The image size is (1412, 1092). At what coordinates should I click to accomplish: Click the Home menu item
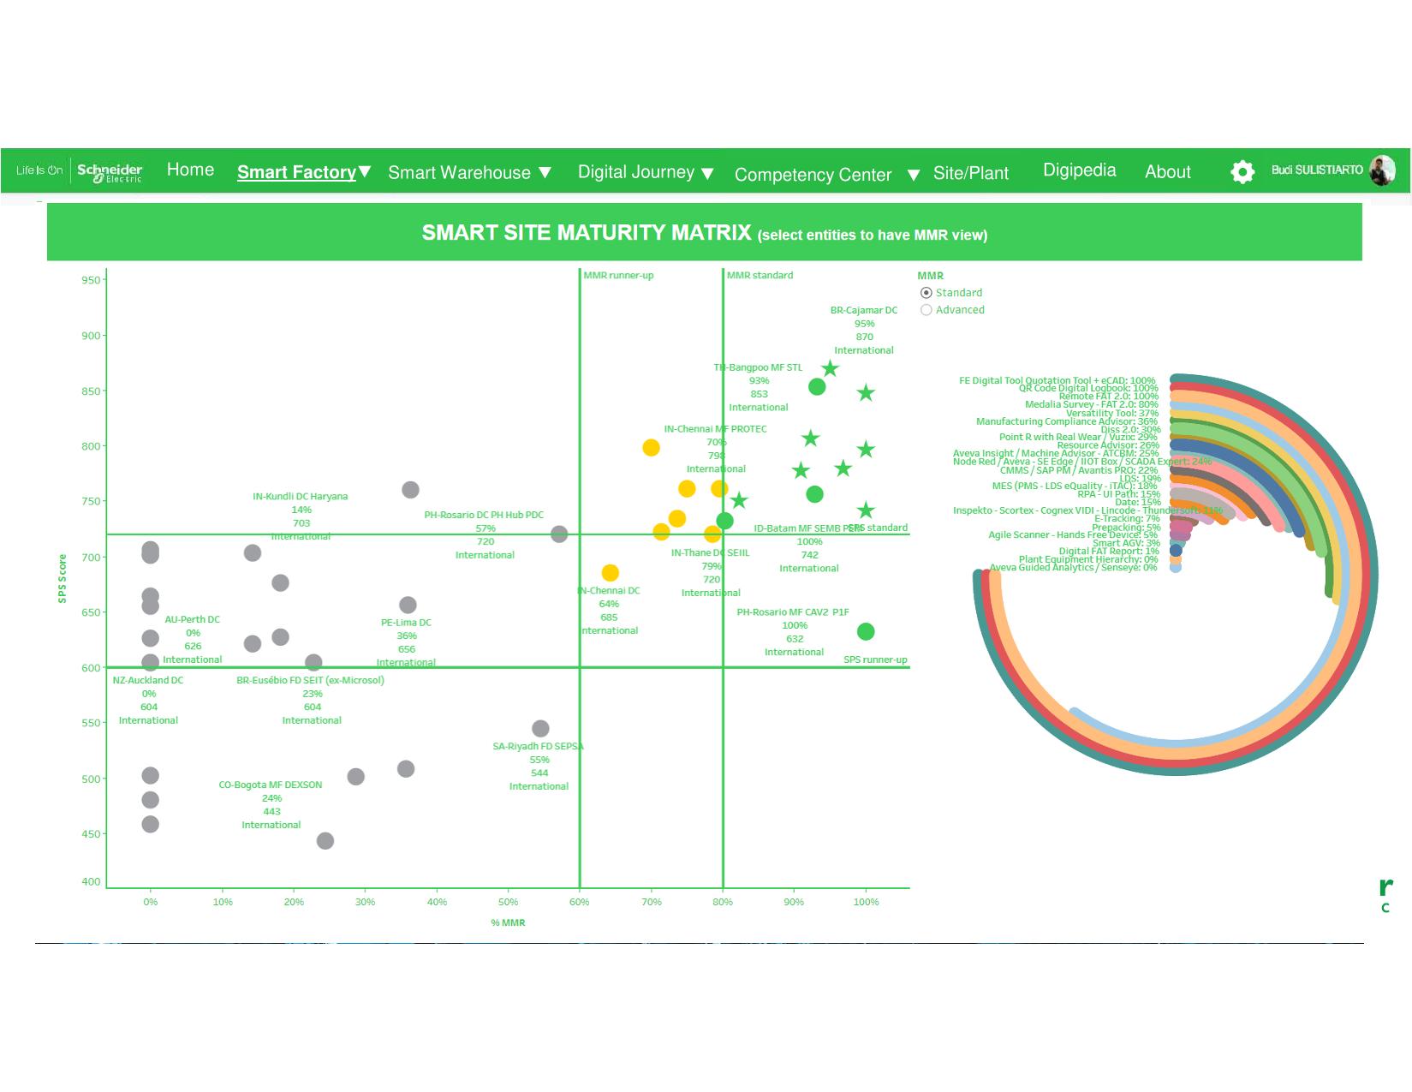[x=190, y=170]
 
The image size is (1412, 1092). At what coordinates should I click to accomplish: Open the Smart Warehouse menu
[x=468, y=173]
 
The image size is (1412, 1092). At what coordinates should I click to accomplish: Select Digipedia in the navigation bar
[x=1079, y=170]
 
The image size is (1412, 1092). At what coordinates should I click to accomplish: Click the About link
[x=1167, y=172]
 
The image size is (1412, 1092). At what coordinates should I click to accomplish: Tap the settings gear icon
[x=1242, y=171]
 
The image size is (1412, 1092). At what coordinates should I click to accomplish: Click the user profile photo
[x=1381, y=170]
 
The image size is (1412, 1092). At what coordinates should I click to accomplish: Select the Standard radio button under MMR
[x=926, y=293]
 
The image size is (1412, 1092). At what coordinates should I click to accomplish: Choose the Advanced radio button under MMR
[x=926, y=310]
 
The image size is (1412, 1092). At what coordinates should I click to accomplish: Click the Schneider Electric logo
[x=110, y=171]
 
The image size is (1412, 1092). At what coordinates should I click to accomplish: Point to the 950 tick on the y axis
[x=91, y=280]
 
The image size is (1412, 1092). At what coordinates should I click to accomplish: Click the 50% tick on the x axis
[x=508, y=902]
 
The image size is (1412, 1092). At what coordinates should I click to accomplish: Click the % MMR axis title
[x=508, y=922]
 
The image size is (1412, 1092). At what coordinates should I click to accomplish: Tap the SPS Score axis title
[x=62, y=578]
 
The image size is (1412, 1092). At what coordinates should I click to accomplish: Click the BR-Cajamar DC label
[x=863, y=310]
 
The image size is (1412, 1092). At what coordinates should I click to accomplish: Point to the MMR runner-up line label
[x=618, y=276]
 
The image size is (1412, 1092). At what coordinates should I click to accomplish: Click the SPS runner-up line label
[x=875, y=659]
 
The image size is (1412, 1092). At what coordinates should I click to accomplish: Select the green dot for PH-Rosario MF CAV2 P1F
[x=866, y=631]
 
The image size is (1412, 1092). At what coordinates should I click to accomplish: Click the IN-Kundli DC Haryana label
[x=300, y=497]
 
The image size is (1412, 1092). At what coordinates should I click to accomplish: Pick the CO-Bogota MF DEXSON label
[x=271, y=785]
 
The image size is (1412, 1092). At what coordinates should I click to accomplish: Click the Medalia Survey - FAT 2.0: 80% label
[x=1091, y=404]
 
